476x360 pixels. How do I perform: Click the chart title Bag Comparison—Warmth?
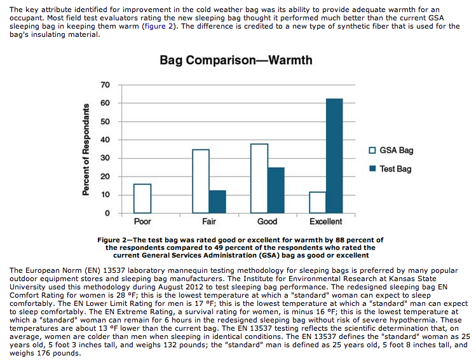(236, 60)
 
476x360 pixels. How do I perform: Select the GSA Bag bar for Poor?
(142, 198)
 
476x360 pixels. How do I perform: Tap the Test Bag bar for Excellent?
(334, 156)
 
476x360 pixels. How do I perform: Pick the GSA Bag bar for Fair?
(201, 181)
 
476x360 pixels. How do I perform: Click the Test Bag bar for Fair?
(217, 202)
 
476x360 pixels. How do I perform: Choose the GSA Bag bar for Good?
(259, 178)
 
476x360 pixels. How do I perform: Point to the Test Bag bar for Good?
(276, 190)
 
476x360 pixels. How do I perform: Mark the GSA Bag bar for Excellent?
(318, 202)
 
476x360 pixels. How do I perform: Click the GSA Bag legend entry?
(391, 150)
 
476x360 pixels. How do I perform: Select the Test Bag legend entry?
(390, 169)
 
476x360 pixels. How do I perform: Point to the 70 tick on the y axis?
(105, 85)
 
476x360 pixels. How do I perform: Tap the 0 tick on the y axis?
(107, 213)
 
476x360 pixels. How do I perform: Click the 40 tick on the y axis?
(105, 140)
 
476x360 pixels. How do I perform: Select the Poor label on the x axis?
(142, 221)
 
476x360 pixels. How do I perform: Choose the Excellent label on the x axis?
(326, 221)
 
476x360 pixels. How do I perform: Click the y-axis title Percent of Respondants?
(86, 149)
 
